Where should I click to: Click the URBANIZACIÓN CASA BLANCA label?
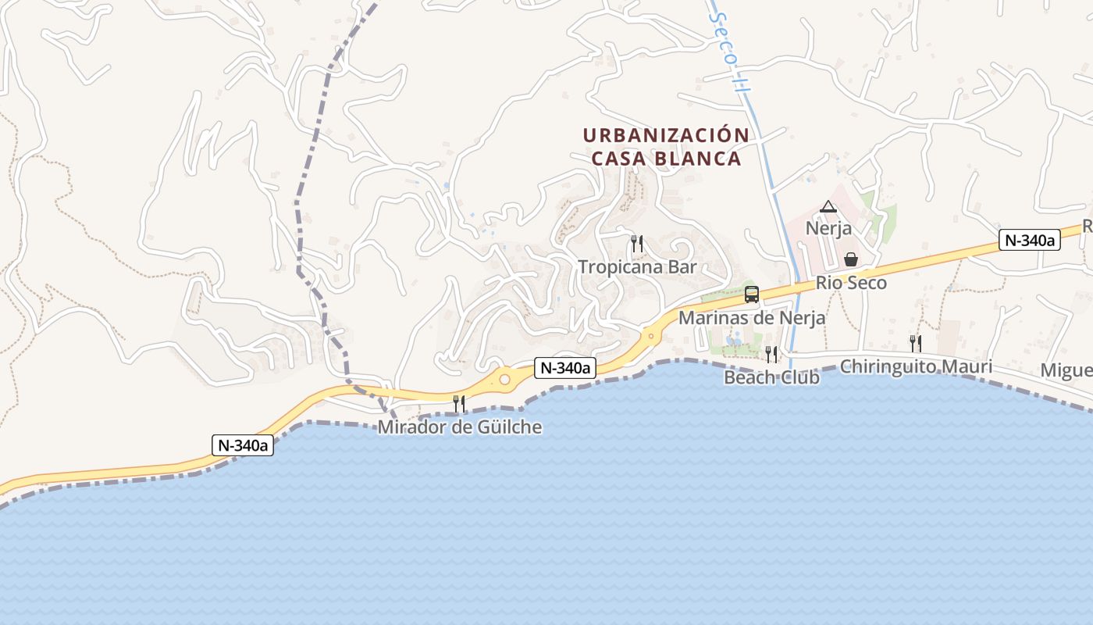[x=665, y=146]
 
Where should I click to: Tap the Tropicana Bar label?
[x=637, y=267]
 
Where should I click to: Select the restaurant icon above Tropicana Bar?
[x=637, y=244]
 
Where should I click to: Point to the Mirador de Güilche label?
[x=459, y=427]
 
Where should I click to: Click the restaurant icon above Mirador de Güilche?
[x=459, y=403]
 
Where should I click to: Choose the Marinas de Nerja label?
[x=751, y=318]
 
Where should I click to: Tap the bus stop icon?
[x=752, y=295]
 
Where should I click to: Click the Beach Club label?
[x=771, y=377]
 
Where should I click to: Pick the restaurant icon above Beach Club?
[x=771, y=354]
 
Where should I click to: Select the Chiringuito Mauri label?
[x=916, y=366]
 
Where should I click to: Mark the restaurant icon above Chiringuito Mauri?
[x=916, y=343]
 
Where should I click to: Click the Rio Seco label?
[x=851, y=283]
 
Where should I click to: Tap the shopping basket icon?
[x=851, y=259]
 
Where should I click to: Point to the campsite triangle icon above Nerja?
[x=828, y=207]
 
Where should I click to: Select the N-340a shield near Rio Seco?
[x=1029, y=241]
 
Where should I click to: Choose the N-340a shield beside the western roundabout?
[x=565, y=368]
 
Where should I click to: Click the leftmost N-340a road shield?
[x=243, y=445]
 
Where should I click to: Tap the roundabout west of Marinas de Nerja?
[x=650, y=337]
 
